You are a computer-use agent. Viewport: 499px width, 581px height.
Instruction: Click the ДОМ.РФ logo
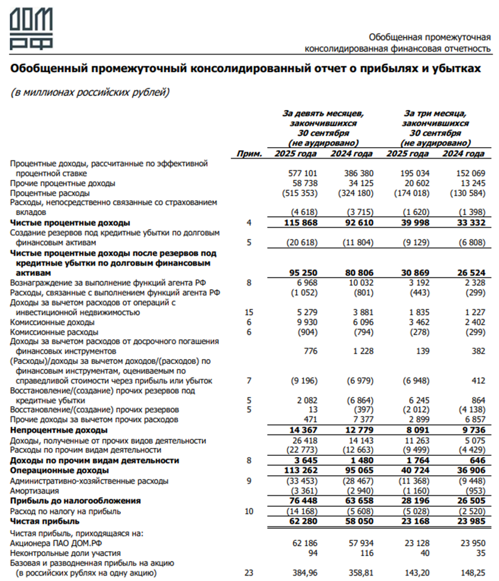[30, 29]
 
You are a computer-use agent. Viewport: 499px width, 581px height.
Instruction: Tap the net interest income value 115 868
[301, 223]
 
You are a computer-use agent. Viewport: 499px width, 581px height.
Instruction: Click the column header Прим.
[250, 154]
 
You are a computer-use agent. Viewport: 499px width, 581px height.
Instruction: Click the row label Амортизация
[34, 490]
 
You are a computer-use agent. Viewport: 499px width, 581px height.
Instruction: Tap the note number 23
[249, 572]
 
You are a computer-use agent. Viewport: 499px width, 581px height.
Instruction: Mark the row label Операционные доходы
[59, 470]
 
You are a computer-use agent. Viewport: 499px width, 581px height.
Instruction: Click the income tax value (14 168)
[302, 511]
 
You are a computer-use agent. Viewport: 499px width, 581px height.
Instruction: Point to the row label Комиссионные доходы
[53, 322]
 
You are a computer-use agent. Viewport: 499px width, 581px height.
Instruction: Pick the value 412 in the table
[478, 381]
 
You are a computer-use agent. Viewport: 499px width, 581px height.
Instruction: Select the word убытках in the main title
[455, 69]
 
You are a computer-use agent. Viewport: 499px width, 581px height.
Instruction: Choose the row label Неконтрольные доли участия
[66, 553]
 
